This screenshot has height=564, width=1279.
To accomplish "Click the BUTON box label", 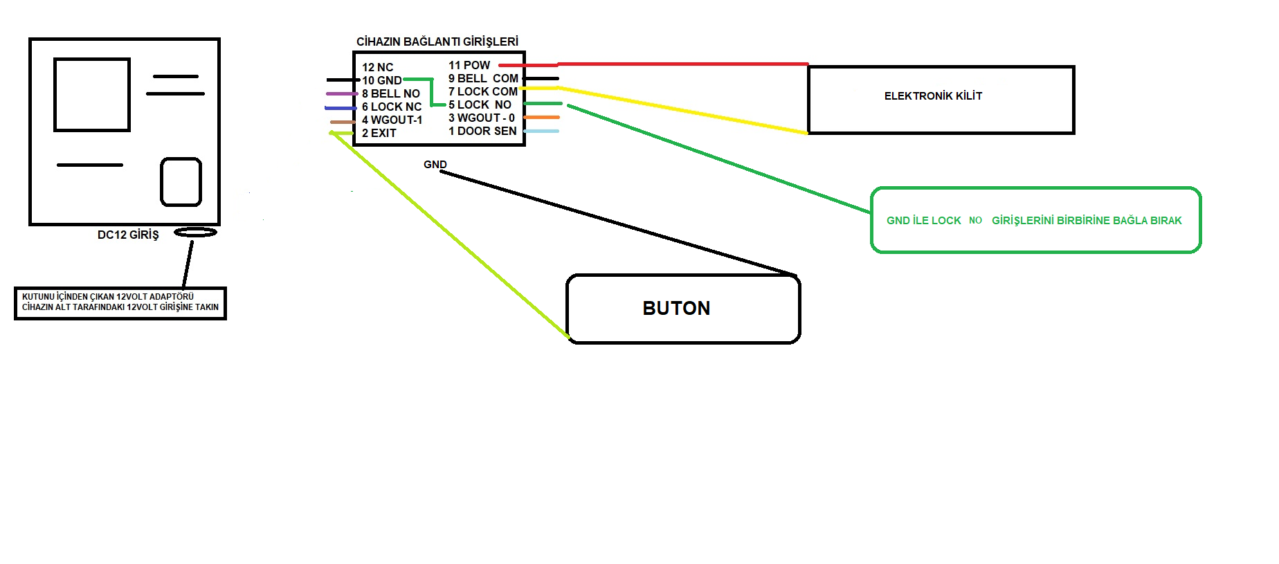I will point(676,308).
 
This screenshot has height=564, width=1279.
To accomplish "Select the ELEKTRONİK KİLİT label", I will point(933,96).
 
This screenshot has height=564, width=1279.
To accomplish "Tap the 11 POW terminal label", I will point(469,65).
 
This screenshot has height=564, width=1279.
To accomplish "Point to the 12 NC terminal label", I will point(377,67).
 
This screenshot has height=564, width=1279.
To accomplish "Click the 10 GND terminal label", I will point(381,80).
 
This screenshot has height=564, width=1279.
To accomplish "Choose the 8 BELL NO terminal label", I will point(390,93).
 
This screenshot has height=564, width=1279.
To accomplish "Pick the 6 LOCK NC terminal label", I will point(391,107).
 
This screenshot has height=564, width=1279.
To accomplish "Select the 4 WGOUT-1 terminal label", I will point(392,120).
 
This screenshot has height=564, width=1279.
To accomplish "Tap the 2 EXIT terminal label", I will point(379,133).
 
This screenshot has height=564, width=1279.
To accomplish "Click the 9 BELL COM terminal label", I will point(483,78).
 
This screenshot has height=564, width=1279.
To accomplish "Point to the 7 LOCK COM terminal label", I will point(482,91).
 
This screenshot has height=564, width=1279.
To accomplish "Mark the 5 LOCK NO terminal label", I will point(480,104).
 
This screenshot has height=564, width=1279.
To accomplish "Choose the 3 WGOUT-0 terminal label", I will point(481,118).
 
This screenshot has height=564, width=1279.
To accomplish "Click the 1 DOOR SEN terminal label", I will point(482,131).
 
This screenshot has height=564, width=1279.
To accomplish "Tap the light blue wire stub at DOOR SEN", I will point(541,131).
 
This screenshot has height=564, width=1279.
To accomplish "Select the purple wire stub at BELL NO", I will point(342,93).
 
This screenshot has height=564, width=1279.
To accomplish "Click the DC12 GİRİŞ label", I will point(128,235).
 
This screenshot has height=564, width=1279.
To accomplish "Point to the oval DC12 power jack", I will point(195,233).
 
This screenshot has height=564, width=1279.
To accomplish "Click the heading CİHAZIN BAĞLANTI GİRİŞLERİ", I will point(437,42).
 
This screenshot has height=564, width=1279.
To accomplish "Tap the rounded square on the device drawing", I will point(181,182).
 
